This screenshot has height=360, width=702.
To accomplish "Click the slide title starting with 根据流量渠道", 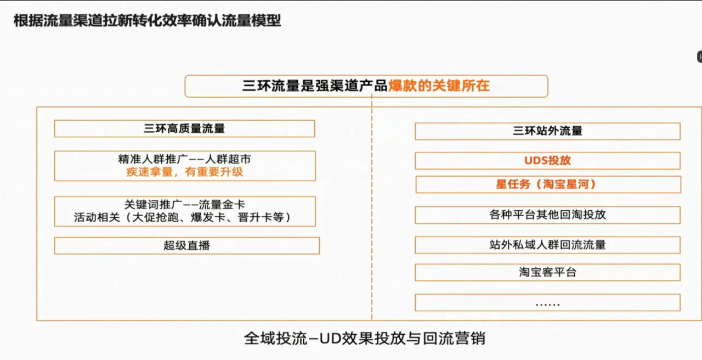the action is click(x=148, y=21).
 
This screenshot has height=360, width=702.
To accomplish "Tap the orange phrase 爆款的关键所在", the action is click(x=439, y=86).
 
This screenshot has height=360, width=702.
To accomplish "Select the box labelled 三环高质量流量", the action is click(x=185, y=128).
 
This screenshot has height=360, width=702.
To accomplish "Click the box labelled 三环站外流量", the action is click(x=547, y=131).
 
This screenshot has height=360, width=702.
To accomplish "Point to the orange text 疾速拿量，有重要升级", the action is click(x=185, y=172).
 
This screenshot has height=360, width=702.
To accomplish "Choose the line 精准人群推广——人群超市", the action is click(x=185, y=159).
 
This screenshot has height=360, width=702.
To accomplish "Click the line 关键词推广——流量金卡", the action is click(x=185, y=205).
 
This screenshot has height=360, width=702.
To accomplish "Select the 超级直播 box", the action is click(x=187, y=245).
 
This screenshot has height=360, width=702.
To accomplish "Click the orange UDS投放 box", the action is click(x=547, y=161).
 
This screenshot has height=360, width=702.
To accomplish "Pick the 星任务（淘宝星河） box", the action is click(x=548, y=184).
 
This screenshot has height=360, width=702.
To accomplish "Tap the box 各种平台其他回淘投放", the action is click(x=547, y=215).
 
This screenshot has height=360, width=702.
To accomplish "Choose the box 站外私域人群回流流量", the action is click(x=547, y=245).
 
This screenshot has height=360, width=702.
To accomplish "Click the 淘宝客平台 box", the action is click(x=547, y=272).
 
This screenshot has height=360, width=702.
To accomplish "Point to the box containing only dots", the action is click(x=547, y=302).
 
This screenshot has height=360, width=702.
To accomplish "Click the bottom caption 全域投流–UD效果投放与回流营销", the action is click(x=365, y=339).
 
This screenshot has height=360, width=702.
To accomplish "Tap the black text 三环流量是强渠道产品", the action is click(x=315, y=86).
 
